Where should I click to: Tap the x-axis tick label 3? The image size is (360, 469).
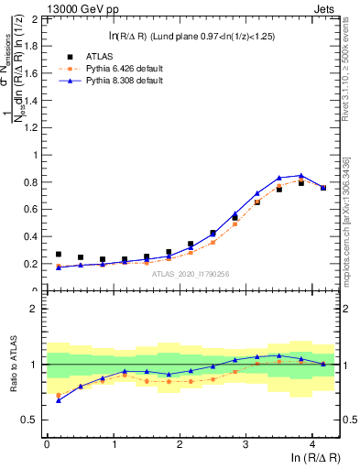point(245,444)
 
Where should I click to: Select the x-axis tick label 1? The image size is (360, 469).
point(113,444)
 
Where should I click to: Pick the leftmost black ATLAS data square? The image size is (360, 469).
point(59,255)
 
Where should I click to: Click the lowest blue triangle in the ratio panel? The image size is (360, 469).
point(59,400)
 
